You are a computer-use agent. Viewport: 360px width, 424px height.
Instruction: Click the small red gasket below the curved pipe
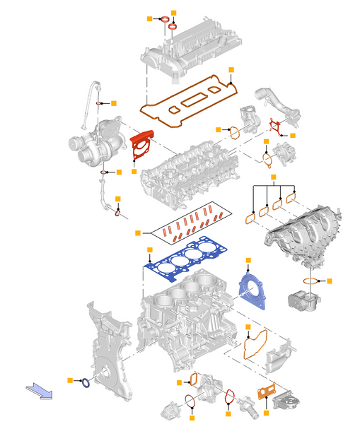[x=276, y=125]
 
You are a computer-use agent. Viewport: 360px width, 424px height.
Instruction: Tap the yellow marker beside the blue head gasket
[x=149, y=250]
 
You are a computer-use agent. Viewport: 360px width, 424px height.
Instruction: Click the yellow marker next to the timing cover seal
[x=69, y=380]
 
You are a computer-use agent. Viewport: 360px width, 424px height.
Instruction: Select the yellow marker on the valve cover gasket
[x=231, y=69]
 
